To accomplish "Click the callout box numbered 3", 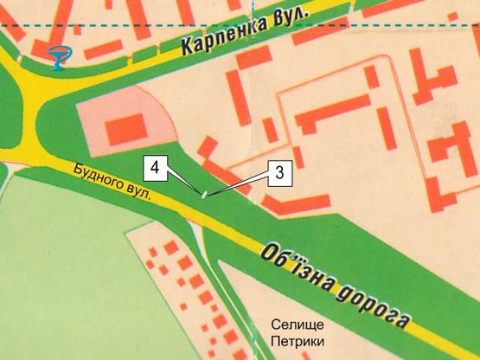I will pos(279,172).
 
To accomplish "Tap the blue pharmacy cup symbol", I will pos(58,56).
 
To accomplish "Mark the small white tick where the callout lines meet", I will pos(203,195).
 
